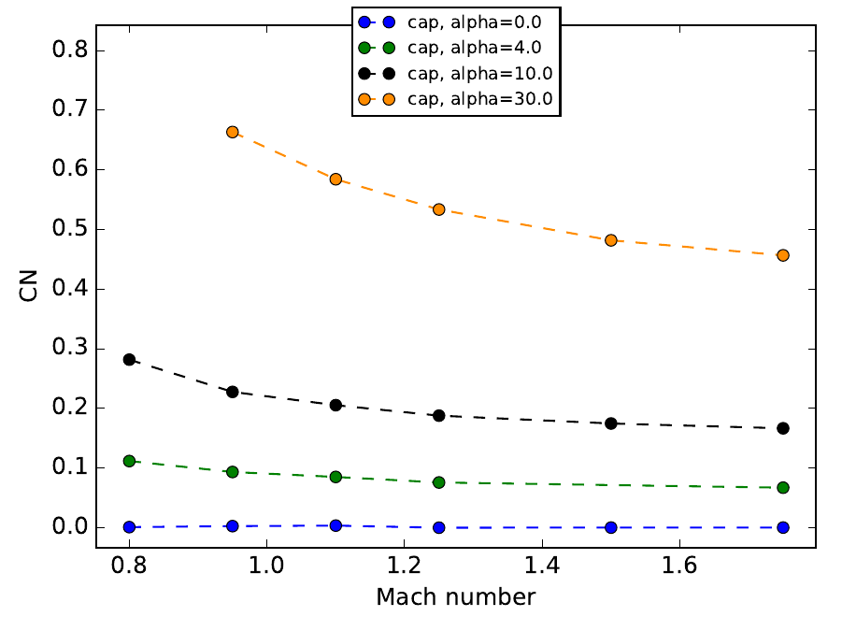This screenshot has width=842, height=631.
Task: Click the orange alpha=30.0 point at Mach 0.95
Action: [233, 133]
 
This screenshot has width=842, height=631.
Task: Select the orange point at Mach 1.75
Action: [783, 255]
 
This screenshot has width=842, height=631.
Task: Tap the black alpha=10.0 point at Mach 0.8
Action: [129, 359]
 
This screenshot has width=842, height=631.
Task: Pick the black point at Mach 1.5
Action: [611, 423]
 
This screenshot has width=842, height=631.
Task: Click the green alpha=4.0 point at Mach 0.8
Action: [129, 461]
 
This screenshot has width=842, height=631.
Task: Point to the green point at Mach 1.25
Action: [438, 482]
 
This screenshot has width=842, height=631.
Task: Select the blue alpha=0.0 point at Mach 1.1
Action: [335, 525]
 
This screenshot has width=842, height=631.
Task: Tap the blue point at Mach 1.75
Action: [783, 527]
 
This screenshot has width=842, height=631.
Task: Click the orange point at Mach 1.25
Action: [438, 209]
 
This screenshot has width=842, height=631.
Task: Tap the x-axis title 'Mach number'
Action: [456, 596]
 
